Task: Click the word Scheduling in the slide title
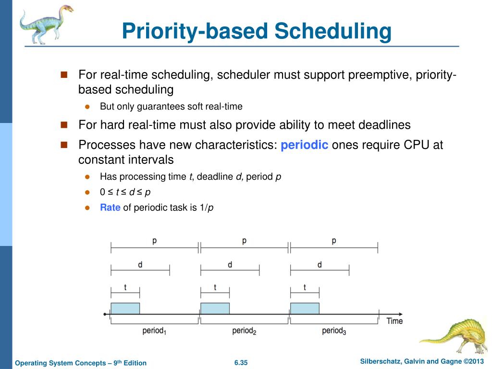[x=333, y=31]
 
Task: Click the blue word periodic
[x=304, y=145]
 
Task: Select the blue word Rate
[x=110, y=208]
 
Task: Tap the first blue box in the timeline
[x=125, y=308]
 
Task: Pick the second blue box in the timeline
[x=215, y=308]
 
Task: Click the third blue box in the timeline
[x=305, y=308]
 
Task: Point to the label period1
[x=155, y=331]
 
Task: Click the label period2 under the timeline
[x=244, y=331]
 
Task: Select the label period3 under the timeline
[x=334, y=331]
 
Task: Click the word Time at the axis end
[x=394, y=320]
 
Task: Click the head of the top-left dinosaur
[x=65, y=10]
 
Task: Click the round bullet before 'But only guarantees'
[x=87, y=107]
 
